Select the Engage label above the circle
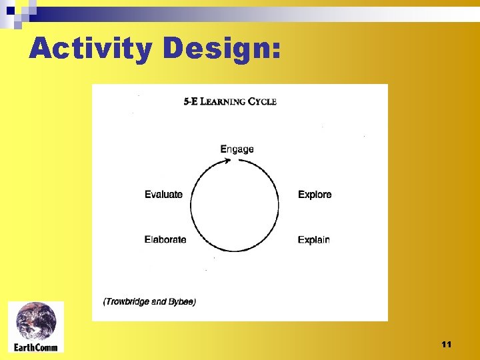pos(237,149)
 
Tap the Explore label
pos(315,195)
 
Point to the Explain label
pos(313,239)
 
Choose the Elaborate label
pos(165,239)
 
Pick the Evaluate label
pos(163,195)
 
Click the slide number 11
pos(446,344)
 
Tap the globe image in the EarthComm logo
pos(36,321)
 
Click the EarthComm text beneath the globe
pos(36,347)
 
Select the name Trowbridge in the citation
pos(127,302)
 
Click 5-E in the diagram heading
pos(190,102)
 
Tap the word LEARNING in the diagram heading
pos(223,102)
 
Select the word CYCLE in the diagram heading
pos(262,102)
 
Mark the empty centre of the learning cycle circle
pos(235,206)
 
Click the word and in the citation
pos(158,302)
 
